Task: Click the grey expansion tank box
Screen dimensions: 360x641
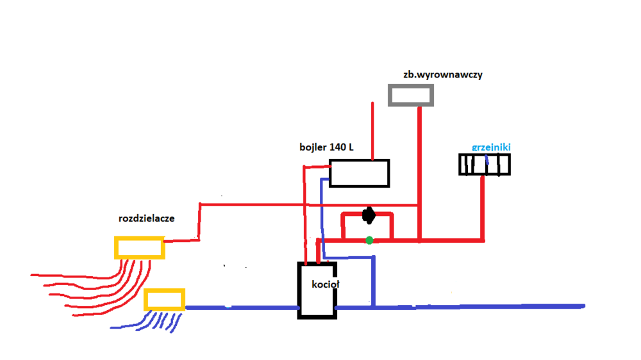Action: click(x=411, y=95)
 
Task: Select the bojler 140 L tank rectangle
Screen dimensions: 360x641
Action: click(x=360, y=173)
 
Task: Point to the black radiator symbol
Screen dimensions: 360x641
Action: click(x=485, y=165)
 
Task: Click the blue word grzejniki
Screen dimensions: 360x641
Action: click(x=491, y=147)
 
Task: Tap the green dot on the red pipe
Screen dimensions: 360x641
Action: click(x=369, y=240)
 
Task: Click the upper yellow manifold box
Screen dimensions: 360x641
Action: click(x=139, y=247)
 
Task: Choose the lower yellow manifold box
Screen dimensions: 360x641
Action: click(x=164, y=299)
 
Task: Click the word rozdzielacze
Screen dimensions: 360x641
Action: click(x=147, y=218)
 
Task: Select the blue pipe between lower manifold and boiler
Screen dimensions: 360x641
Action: click(x=244, y=307)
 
